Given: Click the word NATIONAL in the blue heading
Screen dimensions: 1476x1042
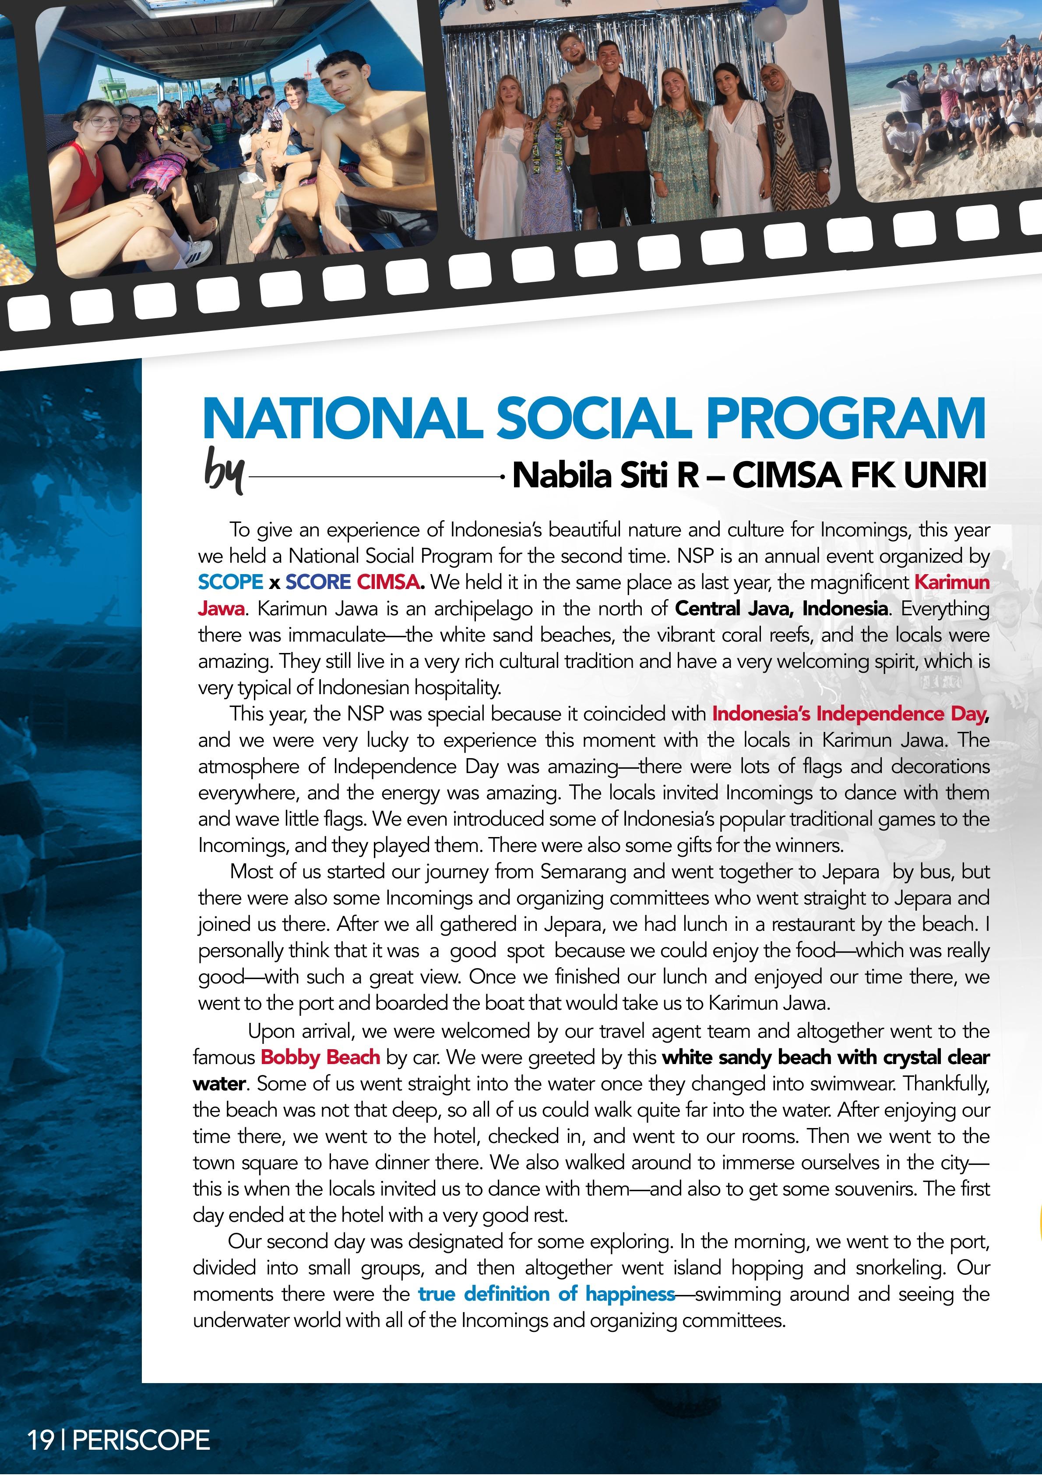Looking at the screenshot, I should click(341, 419).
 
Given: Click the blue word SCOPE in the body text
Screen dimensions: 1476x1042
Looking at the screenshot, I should click(230, 582).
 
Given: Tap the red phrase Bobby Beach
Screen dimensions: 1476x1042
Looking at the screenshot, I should click(320, 1057).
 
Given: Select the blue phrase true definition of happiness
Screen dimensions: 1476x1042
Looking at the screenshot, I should click(546, 1294).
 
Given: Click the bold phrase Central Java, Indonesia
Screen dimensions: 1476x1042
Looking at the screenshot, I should click(781, 608).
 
